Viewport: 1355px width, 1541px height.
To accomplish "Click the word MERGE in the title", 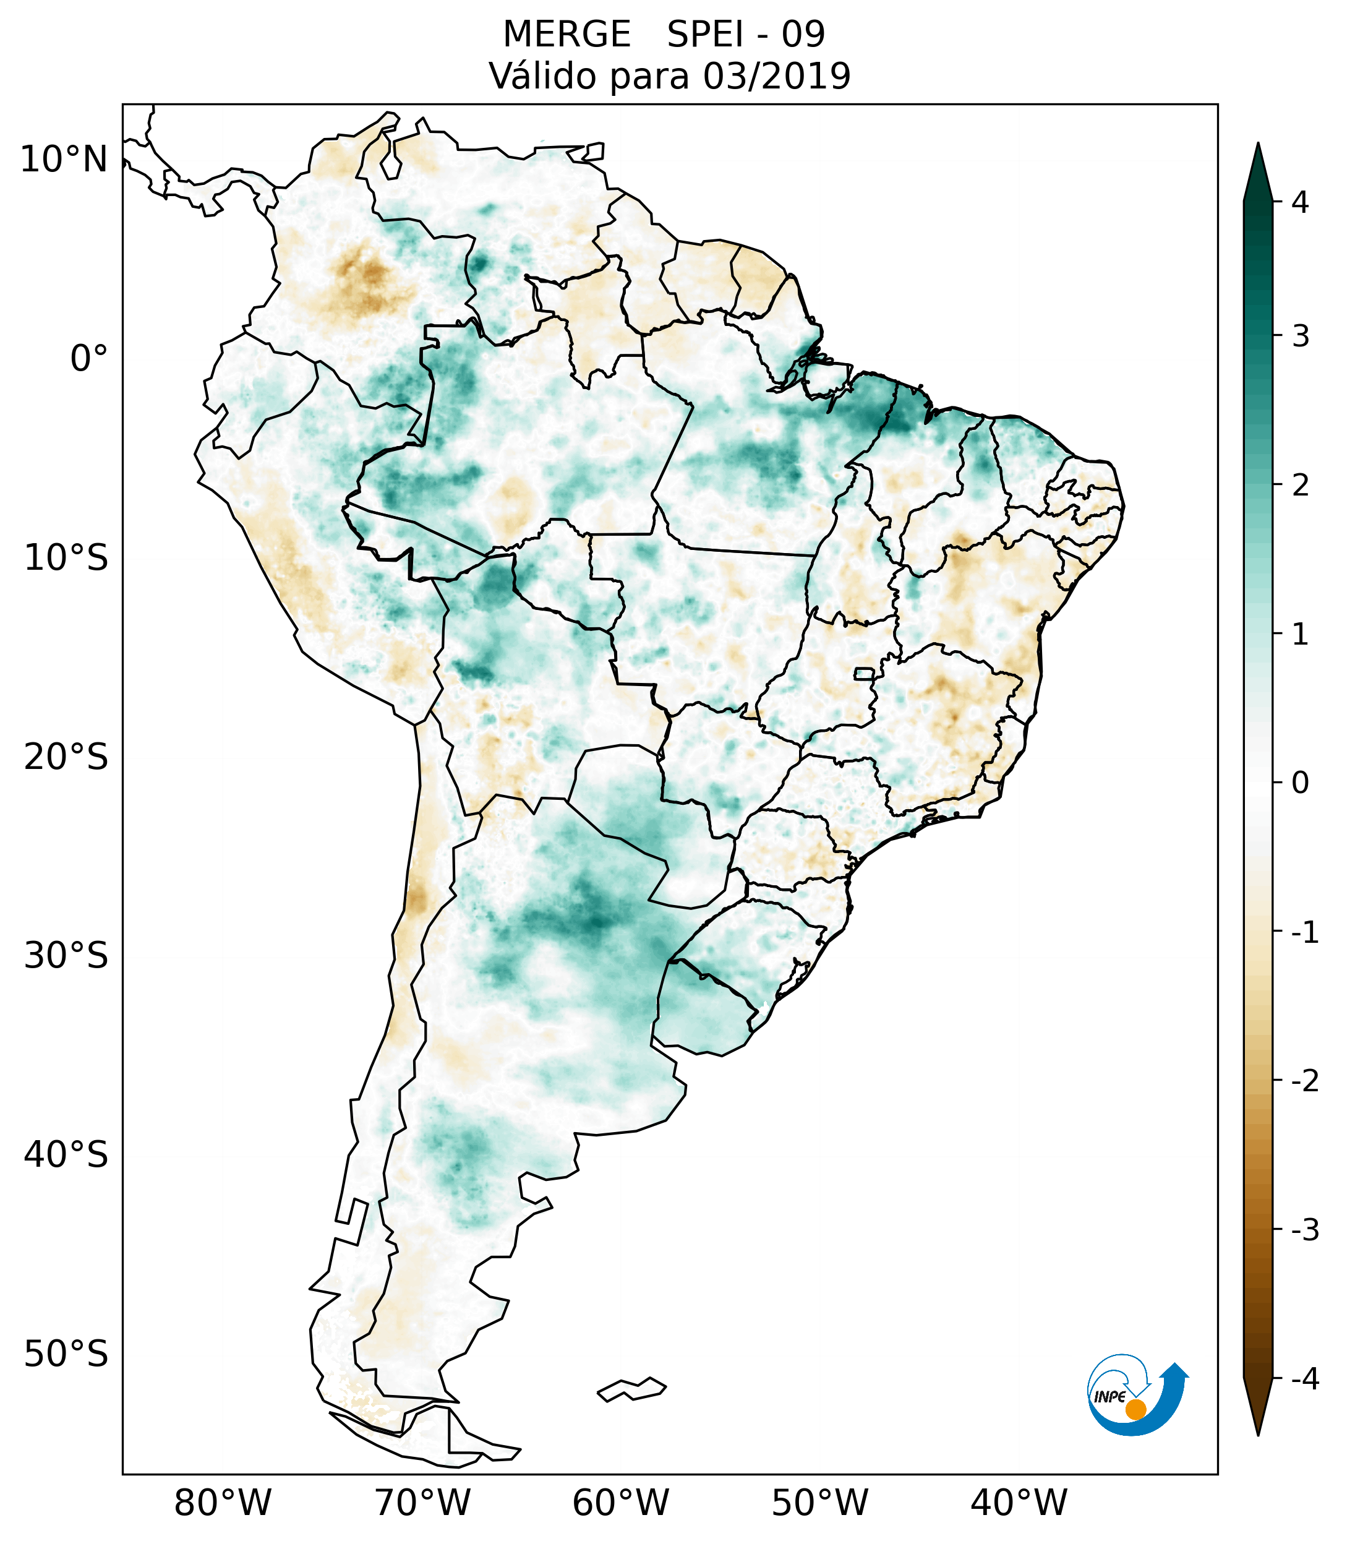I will coord(566,35).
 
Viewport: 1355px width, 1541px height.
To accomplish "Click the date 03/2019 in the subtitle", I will coord(776,76).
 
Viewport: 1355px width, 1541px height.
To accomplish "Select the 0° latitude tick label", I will coord(89,359).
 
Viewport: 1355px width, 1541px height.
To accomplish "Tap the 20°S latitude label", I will coord(66,757).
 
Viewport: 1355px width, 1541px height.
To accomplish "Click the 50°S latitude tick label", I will coord(66,1355).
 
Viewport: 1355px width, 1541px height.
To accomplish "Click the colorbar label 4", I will coord(1300,202).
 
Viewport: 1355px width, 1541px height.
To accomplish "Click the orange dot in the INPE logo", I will coord(1135,1409).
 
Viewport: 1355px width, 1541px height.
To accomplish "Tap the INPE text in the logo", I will coord(1109,1397).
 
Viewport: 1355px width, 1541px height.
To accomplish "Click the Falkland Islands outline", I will coord(631,1389).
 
